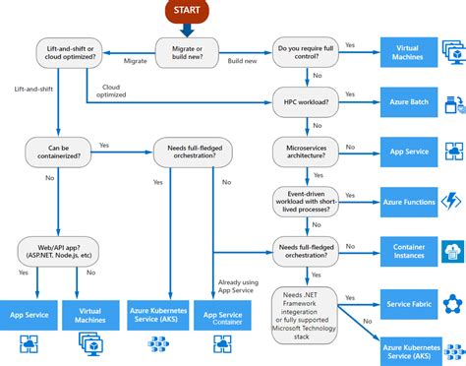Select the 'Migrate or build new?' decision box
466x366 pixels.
click(x=188, y=52)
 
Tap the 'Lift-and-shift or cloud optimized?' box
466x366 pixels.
click(x=65, y=52)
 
